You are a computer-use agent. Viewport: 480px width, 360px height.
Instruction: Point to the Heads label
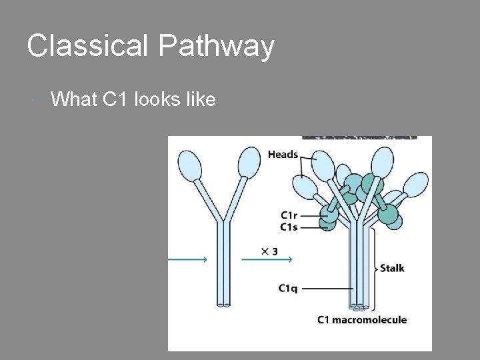[x=283, y=155]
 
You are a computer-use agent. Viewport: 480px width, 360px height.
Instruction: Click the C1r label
[x=289, y=215]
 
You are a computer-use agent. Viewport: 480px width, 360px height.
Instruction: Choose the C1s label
[x=289, y=227]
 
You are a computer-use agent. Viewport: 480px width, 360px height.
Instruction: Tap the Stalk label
[x=392, y=269]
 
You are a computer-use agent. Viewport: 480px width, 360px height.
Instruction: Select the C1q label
[x=288, y=288]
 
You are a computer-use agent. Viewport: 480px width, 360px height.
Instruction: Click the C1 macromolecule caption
[x=361, y=320]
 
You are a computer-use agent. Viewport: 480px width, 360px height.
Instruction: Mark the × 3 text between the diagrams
[x=269, y=251]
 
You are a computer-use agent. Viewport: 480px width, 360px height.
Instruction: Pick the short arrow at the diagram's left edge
[x=187, y=260]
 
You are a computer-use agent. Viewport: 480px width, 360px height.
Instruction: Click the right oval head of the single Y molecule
[x=250, y=161]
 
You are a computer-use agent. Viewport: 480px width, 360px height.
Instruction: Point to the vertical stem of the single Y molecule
[x=223, y=267]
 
